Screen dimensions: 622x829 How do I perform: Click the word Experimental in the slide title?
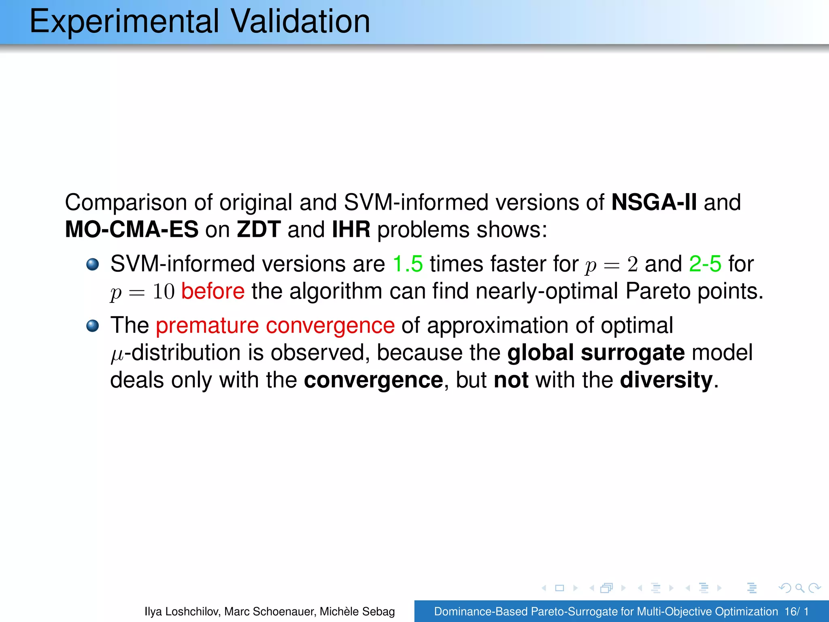pyautogui.click(x=124, y=22)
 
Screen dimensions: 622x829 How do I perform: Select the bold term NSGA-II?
pyautogui.click(x=654, y=202)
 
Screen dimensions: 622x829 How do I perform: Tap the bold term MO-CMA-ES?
pyautogui.click(x=132, y=229)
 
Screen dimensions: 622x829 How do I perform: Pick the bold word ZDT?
pyautogui.click(x=259, y=229)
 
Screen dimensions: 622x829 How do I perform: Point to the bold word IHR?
pyautogui.click(x=351, y=229)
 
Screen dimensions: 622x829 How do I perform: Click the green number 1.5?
pyautogui.click(x=408, y=264)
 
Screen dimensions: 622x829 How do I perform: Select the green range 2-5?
pyautogui.click(x=705, y=264)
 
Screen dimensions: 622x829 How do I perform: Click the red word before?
pyautogui.click(x=213, y=291)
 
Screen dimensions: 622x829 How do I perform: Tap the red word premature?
pyautogui.click(x=207, y=326)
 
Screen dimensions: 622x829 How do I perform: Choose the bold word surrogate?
pyautogui.click(x=633, y=352)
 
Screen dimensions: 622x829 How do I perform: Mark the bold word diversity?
pyautogui.click(x=666, y=380)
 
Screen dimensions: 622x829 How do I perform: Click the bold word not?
pyautogui.click(x=511, y=380)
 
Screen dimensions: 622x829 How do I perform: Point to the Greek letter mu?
pyautogui.click(x=117, y=354)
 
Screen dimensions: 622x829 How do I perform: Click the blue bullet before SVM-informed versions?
pyautogui.click(x=93, y=264)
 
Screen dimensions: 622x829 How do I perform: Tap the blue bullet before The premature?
pyautogui.click(x=93, y=326)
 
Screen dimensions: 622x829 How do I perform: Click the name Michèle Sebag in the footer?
pyautogui.click(x=357, y=611)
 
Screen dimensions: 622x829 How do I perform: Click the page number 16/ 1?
pyautogui.click(x=796, y=611)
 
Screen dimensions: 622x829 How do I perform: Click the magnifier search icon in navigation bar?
pyautogui.click(x=799, y=588)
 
